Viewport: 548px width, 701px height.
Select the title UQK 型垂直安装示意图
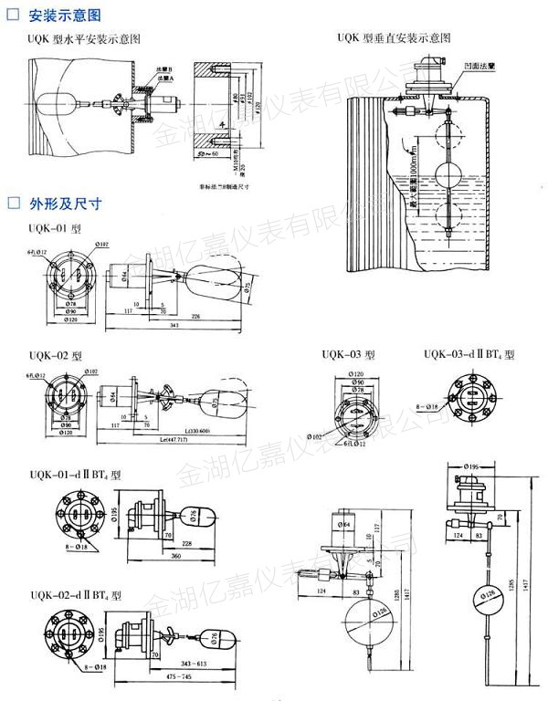click(x=394, y=39)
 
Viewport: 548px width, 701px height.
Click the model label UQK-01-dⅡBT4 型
click(x=74, y=474)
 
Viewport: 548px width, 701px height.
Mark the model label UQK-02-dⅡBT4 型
click(x=74, y=594)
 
